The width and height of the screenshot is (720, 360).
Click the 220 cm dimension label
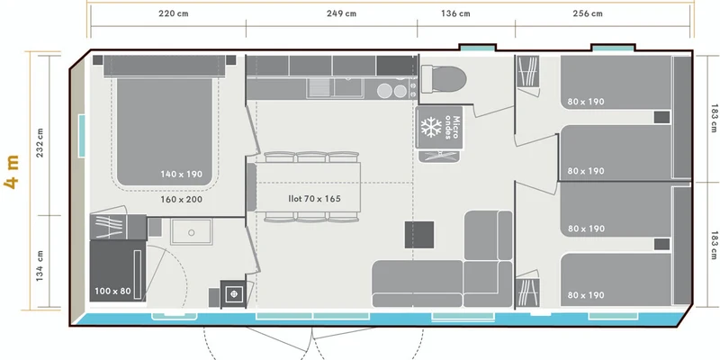[174, 13]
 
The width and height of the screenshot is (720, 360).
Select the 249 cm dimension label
[342, 13]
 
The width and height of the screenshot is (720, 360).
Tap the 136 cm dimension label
[455, 13]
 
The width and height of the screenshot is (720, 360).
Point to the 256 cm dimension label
[588, 13]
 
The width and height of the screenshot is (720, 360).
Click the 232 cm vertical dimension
[40, 142]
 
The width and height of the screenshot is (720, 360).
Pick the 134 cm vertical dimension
[40, 265]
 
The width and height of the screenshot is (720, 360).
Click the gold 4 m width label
[13, 172]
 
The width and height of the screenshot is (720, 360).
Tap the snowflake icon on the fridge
[431, 127]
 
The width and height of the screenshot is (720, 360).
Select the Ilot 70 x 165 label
[314, 199]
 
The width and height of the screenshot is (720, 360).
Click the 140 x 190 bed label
[182, 174]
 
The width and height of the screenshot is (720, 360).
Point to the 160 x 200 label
[182, 199]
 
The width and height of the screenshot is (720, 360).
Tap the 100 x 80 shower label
[113, 291]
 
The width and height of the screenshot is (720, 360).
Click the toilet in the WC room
[444, 77]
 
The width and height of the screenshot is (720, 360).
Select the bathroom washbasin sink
[192, 232]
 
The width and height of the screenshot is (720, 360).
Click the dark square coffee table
[419, 235]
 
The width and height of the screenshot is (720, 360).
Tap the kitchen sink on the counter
[336, 87]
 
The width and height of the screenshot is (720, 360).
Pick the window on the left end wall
[82, 136]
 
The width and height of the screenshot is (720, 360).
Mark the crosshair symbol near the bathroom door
[234, 294]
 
